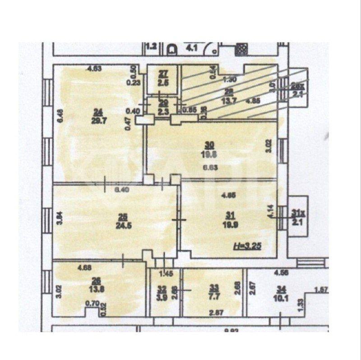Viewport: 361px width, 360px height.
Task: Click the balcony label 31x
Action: click(296, 212)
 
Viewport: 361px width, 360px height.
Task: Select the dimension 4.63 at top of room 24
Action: click(96, 69)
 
